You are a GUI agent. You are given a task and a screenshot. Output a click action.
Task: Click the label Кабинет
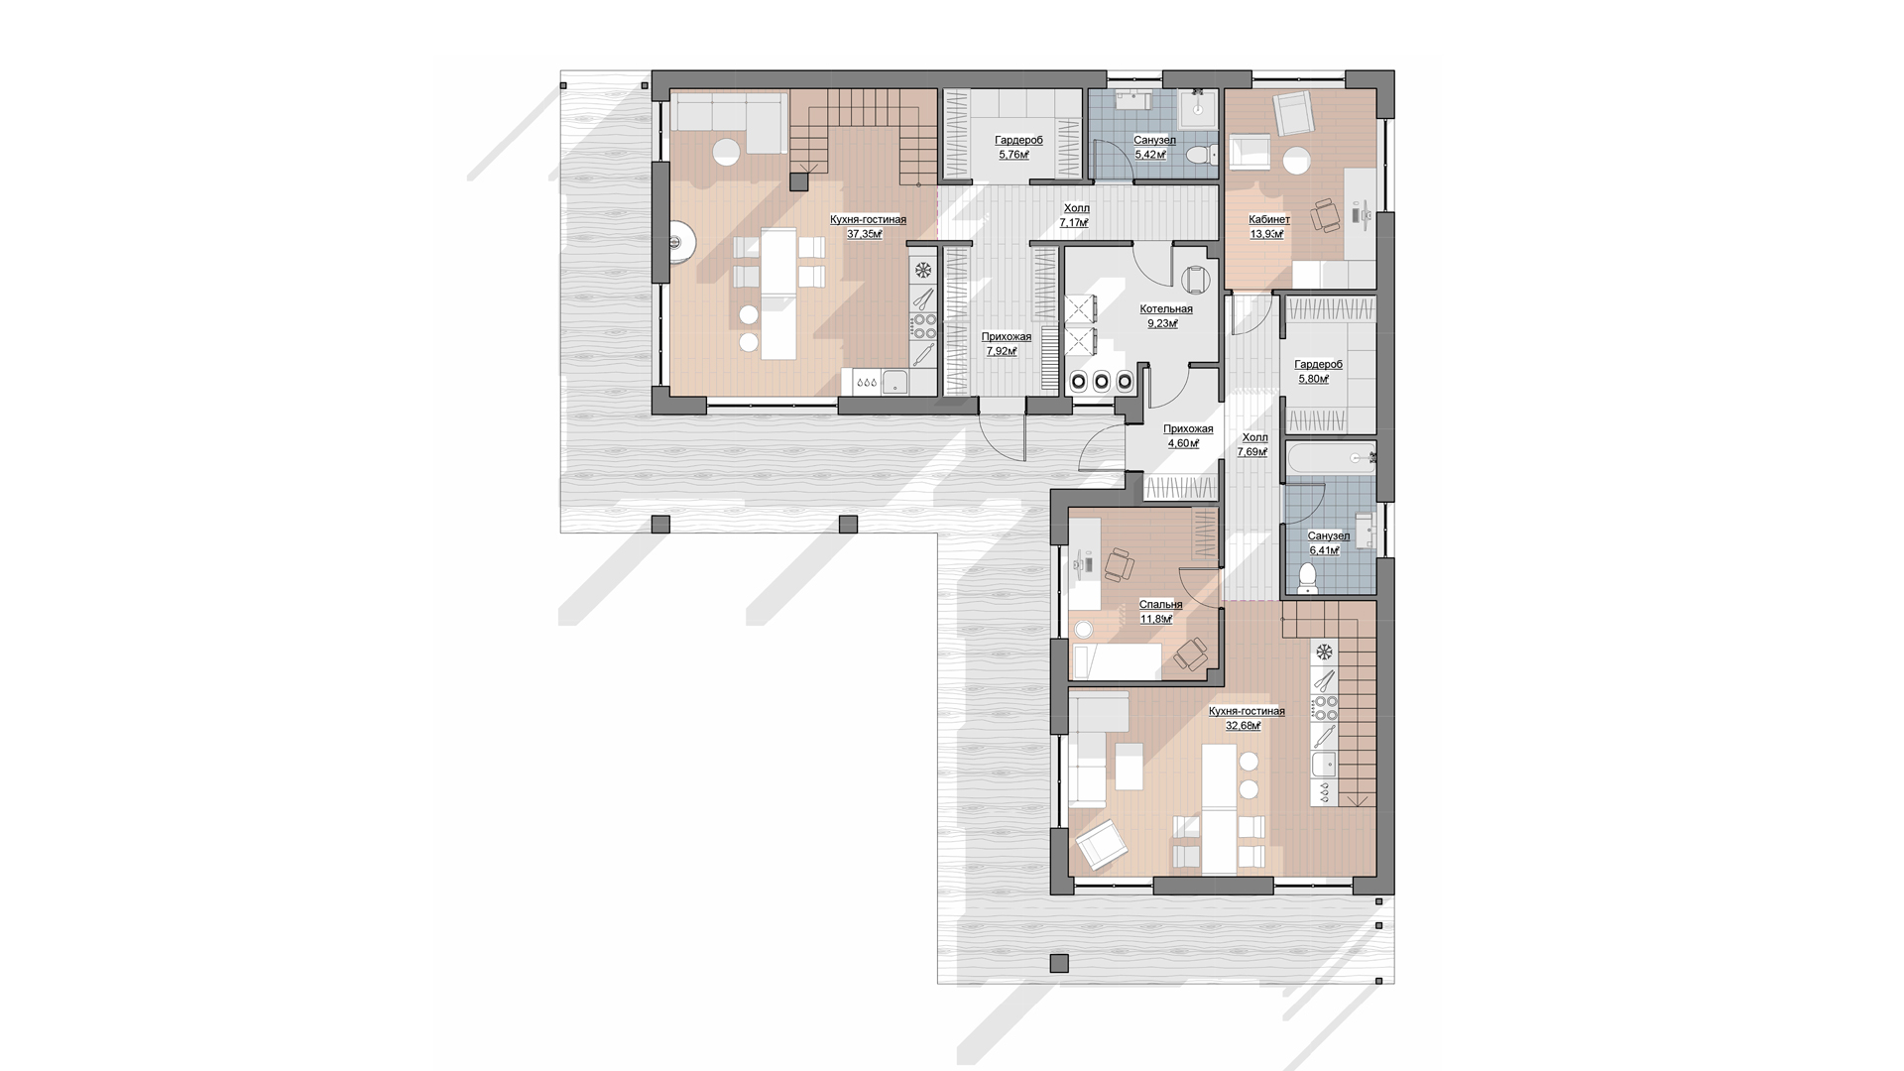[1269, 220]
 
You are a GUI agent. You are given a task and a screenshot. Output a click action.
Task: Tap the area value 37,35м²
[865, 235]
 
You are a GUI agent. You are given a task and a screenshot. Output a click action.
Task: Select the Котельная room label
[1166, 309]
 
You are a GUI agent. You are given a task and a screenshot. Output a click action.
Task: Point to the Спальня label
[1160, 605]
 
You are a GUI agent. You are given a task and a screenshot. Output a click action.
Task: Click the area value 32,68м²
[1244, 726]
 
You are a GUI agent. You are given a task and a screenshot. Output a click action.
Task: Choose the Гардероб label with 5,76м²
[1018, 141]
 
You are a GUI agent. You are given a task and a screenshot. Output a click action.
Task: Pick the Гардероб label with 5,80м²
[1318, 365]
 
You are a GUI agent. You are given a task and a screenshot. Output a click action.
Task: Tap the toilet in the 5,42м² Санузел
[1203, 155]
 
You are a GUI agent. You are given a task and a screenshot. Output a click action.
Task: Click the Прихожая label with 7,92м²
[1007, 337]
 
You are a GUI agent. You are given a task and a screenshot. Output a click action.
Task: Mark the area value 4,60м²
[1183, 444]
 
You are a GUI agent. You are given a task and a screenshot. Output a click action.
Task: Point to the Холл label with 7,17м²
[1076, 209]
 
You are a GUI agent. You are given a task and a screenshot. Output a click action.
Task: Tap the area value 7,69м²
[1252, 452]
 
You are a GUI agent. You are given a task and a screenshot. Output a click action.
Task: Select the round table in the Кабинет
[1296, 161]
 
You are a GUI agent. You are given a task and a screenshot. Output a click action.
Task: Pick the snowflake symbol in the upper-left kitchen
[923, 270]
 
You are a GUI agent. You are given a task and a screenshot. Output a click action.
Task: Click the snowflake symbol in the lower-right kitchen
[1324, 653]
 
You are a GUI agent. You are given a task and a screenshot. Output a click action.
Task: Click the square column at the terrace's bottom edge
[1059, 963]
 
